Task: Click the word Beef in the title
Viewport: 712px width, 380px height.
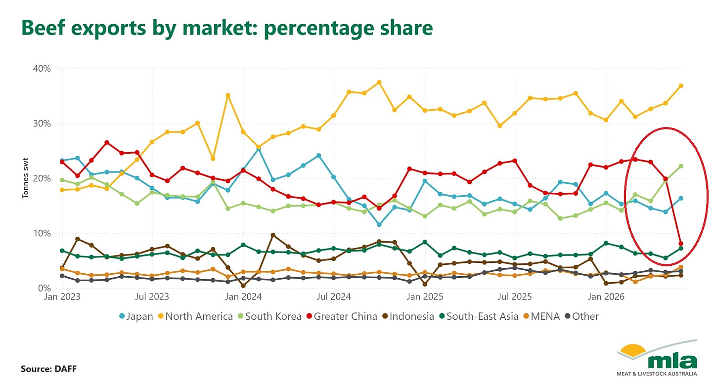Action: tap(43, 28)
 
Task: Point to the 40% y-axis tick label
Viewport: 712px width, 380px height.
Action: tap(42, 68)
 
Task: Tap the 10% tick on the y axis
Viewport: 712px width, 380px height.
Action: tap(42, 234)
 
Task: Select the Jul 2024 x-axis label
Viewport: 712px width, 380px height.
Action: tap(334, 297)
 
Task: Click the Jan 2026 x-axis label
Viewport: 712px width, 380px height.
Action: tap(606, 297)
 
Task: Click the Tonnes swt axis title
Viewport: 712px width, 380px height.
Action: tap(25, 178)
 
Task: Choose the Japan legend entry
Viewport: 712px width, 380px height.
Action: tap(136, 316)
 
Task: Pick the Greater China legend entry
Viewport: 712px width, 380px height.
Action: tap(342, 316)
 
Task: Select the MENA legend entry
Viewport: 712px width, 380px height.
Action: tap(541, 316)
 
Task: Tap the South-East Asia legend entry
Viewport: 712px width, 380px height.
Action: tap(479, 316)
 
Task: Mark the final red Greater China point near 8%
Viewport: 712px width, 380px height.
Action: tap(680, 244)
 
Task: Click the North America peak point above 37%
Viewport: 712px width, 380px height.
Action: tap(379, 83)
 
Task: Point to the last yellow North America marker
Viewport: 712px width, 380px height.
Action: tap(680, 86)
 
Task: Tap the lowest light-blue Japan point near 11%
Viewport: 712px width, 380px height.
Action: tap(379, 225)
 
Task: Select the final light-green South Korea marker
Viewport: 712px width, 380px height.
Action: tap(680, 166)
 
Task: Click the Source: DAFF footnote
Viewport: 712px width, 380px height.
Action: tap(48, 369)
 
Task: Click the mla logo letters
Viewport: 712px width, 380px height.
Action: tap(672, 362)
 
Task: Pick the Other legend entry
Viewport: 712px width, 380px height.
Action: tap(582, 316)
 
